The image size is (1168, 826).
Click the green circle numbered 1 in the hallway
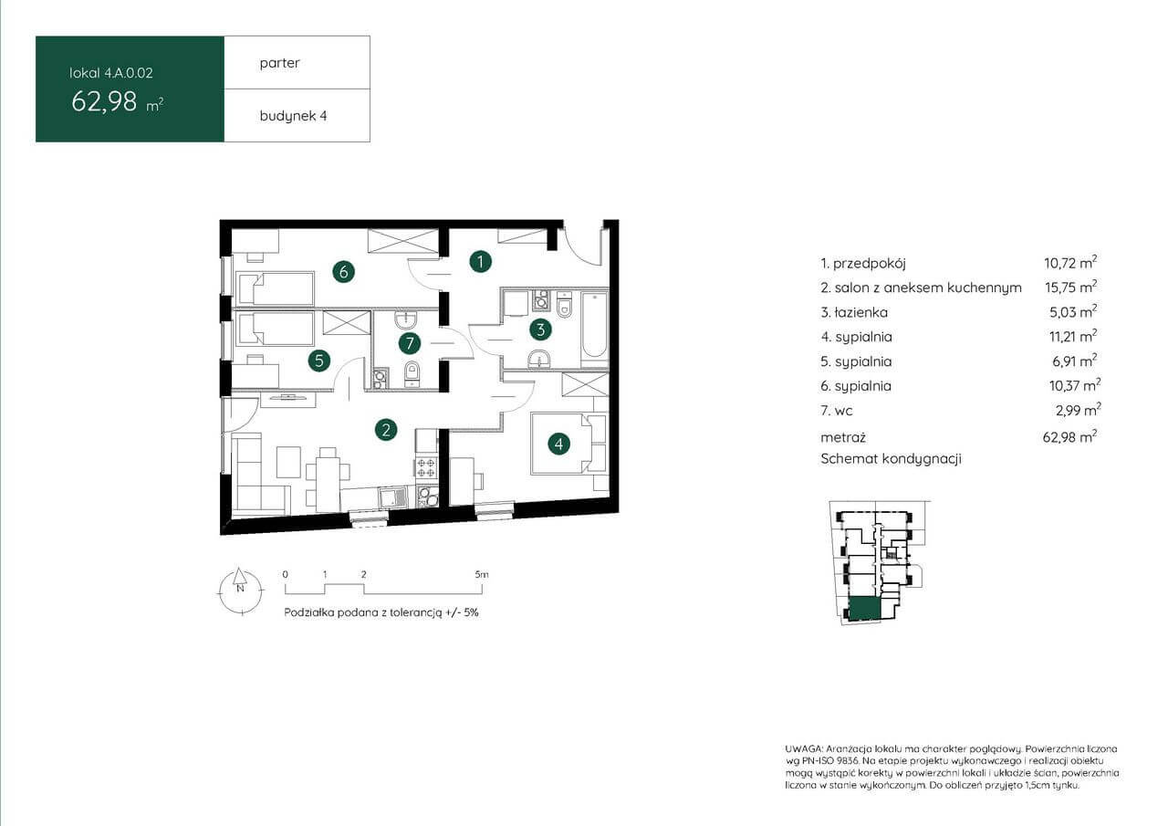point(480,262)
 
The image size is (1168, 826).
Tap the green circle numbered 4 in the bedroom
point(559,444)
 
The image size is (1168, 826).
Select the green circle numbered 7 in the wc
point(410,343)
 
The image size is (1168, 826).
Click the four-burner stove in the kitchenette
point(425,466)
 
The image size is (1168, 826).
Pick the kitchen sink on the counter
point(393,497)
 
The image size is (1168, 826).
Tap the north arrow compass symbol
point(240,591)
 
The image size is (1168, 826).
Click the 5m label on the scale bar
point(482,574)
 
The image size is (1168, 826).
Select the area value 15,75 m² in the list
point(1071,287)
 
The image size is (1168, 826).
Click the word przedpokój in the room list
point(870,264)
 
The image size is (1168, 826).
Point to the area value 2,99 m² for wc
point(1079,410)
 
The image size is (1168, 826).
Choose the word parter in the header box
point(279,63)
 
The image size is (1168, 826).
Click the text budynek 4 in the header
point(293,116)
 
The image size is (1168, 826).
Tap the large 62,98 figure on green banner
point(104,101)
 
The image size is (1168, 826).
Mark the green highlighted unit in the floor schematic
point(864,609)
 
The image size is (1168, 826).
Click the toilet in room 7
point(412,373)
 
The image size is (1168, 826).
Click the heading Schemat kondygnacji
point(891,459)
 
